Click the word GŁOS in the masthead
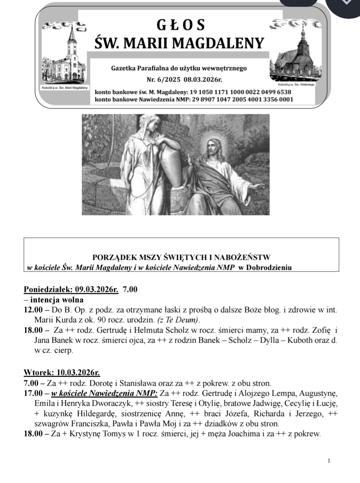tap(181, 25)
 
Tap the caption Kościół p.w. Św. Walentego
tap(294, 85)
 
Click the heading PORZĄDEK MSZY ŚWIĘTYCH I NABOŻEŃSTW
tap(181, 258)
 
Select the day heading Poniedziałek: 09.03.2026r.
tap(71, 289)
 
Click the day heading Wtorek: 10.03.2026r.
tap(62, 372)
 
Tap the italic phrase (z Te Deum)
tap(178, 320)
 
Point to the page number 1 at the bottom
tap(329, 461)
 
